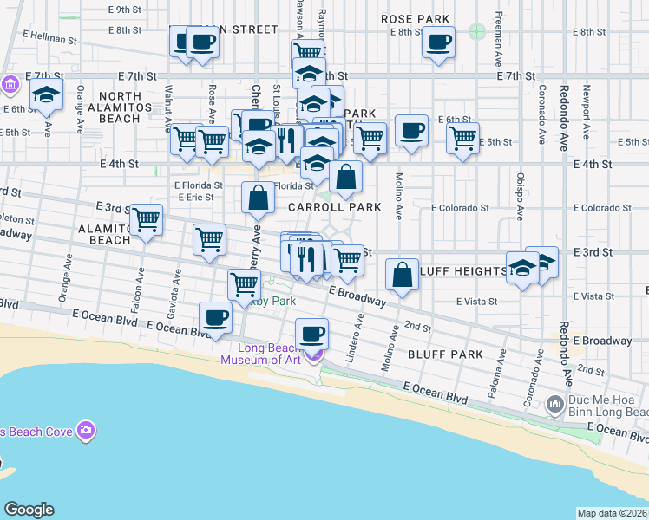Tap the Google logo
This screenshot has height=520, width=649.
pos(29,510)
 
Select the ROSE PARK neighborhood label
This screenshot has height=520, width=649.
pos(416,19)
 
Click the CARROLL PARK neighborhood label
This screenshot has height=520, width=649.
pos(334,208)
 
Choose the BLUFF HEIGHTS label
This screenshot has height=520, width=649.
pos(462,271)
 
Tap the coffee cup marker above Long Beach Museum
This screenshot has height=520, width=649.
pos(311,333)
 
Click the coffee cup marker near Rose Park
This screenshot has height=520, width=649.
pos(438,40)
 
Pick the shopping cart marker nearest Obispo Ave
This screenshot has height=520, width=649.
pos(462,137)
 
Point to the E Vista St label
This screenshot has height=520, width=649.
pos(476,301)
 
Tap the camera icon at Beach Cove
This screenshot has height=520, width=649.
pos(85,430)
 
